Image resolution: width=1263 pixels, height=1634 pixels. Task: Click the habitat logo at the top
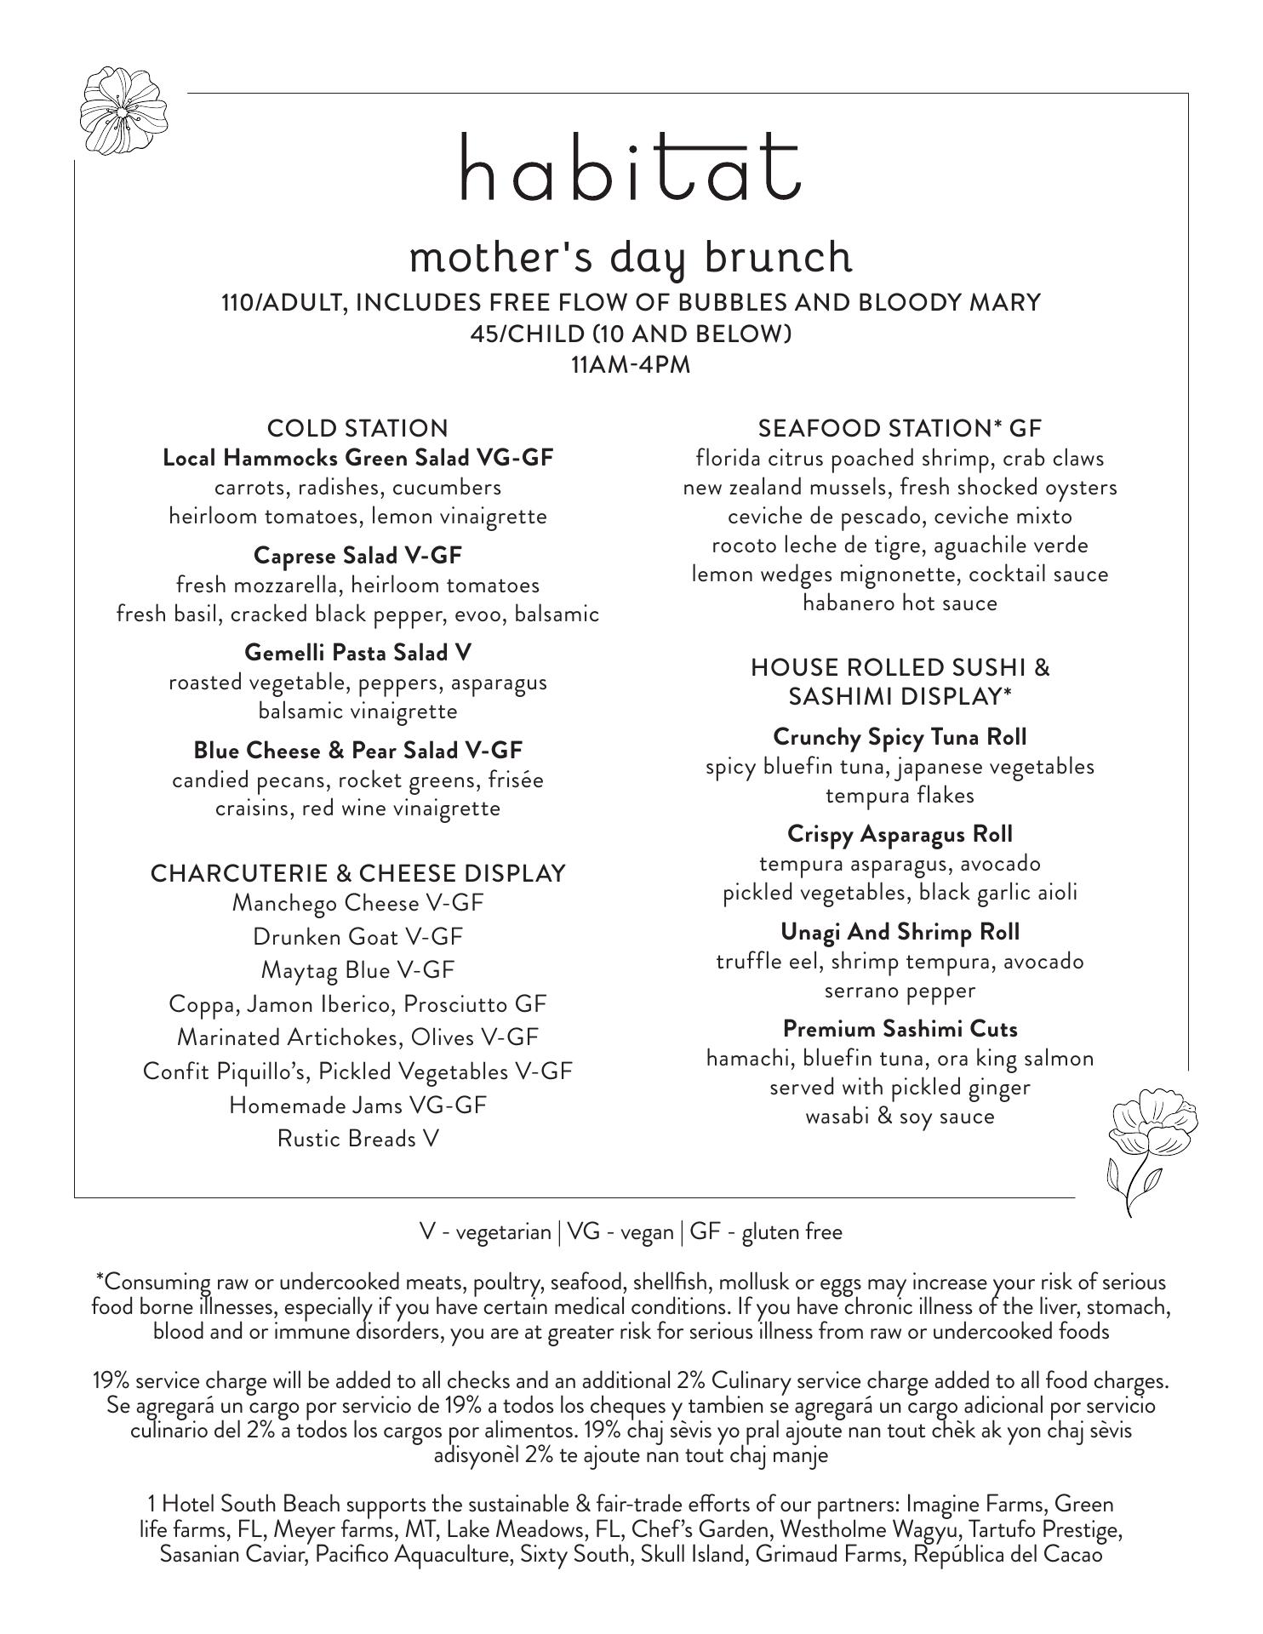pyautogui.click(x=631, y=167)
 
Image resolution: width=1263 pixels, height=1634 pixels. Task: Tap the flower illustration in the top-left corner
pyautogui.click(x=123, y=111)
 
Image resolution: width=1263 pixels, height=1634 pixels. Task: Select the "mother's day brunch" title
pyautogui.click(x=631, y=258)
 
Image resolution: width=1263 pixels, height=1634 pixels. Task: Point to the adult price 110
pyautogui.click(x=237, y=303)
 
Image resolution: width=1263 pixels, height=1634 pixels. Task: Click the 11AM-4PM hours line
pyautogui.click(x=631, y=365)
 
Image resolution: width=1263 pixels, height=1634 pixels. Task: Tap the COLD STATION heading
pyautogui.click(x=357, y=427)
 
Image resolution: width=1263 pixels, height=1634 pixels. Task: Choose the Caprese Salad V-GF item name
pyautogui.click(x=357, y=556)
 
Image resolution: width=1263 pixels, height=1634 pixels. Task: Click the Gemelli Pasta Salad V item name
pyautogui.click(x=357, y=653)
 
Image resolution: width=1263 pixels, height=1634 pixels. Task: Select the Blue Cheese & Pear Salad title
pyautogui.click(x=357, y=751)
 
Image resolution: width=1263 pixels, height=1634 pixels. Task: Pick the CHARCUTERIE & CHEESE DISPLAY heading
pyautogui.click(x=357, y=873)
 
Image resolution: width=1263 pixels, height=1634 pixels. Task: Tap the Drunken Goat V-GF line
pyautogui.click(x=357, y=937)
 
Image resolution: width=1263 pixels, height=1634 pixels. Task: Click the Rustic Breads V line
pyautogui.click(x=357, y=1139)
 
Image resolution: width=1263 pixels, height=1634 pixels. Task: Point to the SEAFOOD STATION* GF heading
pyautogui.click(x=900, y=427)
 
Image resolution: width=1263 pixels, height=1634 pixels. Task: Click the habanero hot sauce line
pyautogui.click(x=900, y=603)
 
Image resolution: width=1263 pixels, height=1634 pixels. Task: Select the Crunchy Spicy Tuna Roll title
pyautogui.click(x=900, y=736)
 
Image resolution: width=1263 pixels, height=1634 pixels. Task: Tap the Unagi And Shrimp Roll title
pyautogui.click(x=900, y=932)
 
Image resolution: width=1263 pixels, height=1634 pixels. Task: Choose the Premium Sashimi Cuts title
pyautogui.click(x=900, y=1029)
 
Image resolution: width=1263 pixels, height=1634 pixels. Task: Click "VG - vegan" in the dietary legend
pyautogui.click(x=620, y=1231)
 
